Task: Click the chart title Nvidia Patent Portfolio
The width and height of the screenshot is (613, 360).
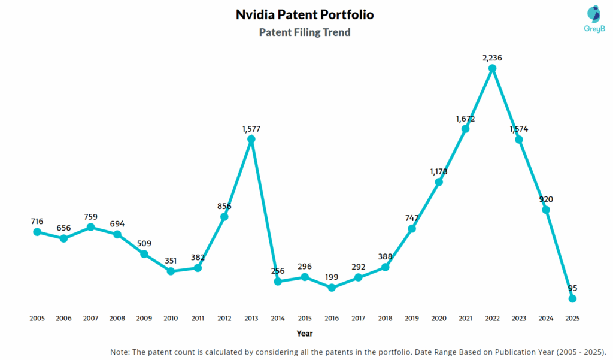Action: pos(305,14)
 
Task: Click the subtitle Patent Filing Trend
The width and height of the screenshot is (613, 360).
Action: pos(305,32)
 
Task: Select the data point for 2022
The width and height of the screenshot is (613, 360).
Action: pos(492,68)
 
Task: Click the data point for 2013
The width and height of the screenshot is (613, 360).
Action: pos(251,139)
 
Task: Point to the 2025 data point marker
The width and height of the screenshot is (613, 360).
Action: pos(572,298)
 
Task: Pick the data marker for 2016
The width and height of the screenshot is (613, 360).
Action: pos(332,288)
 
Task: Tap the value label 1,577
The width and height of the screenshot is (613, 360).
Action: pos(251,128)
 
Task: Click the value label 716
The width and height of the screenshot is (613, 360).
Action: pos(37,221)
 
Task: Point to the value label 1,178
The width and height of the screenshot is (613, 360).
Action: pos(439,171)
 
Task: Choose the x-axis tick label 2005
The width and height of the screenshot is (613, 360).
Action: pos(37,319)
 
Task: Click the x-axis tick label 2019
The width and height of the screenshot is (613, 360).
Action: pos(412,319)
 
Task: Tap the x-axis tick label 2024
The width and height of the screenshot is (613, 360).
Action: pos(545,319)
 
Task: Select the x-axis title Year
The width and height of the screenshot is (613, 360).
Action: pos(305,334)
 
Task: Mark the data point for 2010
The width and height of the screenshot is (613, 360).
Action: pos(171,271)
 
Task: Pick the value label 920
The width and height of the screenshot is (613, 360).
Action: pos(545,199)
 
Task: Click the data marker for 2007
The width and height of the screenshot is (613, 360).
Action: pos(90,227)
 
